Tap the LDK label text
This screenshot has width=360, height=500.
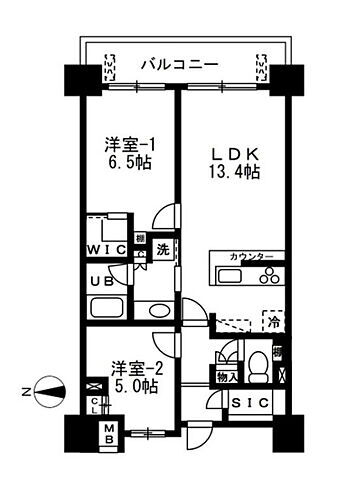click(x=236, y=154)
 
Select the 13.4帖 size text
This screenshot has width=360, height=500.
click(x=236, y=172)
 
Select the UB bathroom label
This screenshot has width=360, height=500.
click(x=99, y=281)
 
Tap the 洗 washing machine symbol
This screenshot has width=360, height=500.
click(x=162, y=251)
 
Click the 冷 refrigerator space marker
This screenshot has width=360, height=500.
click(x=271, y=322)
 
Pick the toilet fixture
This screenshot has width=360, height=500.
click(x=256, y=368)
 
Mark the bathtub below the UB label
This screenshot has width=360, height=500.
click(x=103, y=308)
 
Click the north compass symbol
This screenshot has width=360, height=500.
click(x=48, y=391)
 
